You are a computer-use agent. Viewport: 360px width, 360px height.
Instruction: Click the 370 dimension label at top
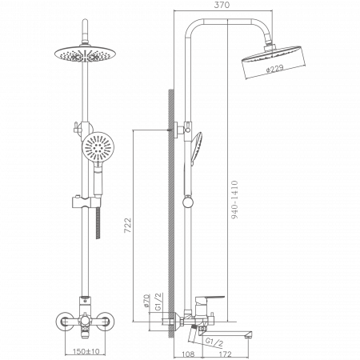click(222, 5)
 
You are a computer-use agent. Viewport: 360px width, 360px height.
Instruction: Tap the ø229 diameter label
click(274, 69)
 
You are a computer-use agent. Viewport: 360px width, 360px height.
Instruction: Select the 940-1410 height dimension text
click(234, 200)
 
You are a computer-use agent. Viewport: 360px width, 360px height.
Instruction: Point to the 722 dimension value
click(128, 226)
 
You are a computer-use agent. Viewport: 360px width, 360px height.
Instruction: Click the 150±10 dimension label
click(86, 351)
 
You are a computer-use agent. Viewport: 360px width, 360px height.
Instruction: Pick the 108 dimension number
click(188, 354)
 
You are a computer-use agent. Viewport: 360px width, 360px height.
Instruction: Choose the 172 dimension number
click(225, 354)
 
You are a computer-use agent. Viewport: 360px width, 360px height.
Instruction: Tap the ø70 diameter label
click(146, 301)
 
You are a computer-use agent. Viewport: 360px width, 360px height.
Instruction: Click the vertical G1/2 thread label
click(158, 302)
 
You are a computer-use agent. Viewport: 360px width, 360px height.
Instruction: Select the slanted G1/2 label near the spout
click(214, 342)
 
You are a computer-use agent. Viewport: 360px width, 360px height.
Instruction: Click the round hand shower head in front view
click(98, 146)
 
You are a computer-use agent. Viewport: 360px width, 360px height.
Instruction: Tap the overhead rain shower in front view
click(85, 54)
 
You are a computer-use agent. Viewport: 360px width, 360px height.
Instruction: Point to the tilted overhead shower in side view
click(274, 62)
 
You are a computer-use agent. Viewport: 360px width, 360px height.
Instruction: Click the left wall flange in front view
click(65, 322)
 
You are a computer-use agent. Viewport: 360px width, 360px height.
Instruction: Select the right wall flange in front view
click(105, 322)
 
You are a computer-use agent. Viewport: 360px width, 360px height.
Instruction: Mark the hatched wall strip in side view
click(171, 214)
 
